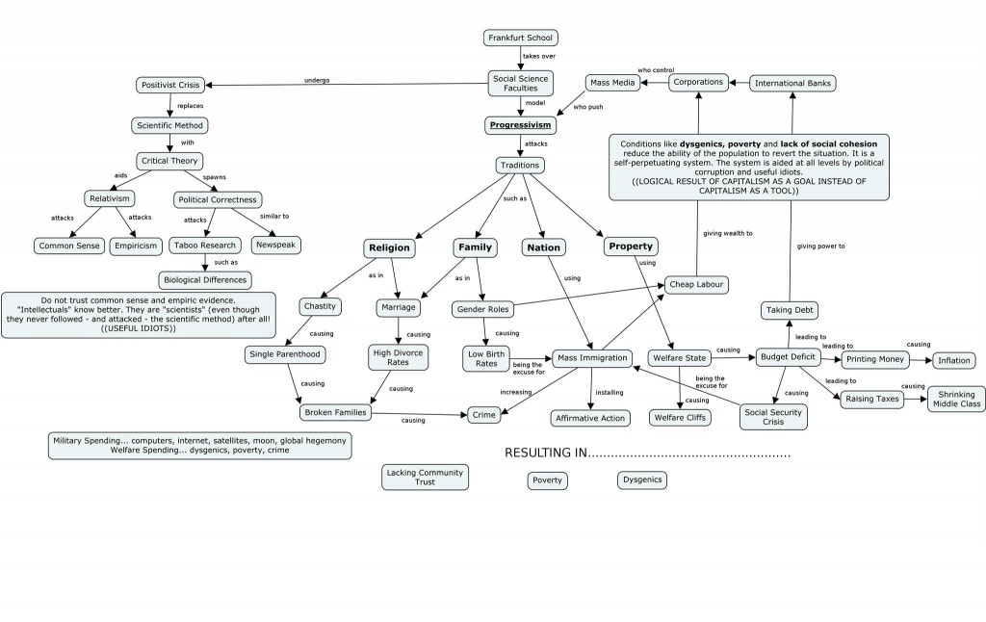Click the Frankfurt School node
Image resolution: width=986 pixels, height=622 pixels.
click(x=520, y=39)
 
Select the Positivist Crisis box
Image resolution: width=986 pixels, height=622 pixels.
click(x=169, y=86)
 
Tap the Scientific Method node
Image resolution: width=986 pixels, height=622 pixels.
click(x=169, y=125)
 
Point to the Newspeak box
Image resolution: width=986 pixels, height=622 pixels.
click(x=275, y=245)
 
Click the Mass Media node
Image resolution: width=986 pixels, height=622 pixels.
click(x=611, y=83)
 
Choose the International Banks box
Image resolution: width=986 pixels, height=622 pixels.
click(x=792, y=83)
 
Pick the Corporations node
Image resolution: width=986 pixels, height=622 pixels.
click(x=698, y=83)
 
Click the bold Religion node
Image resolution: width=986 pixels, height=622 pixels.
click(x=389, y=247)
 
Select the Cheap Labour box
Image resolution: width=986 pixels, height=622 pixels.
click(x=696, y=284)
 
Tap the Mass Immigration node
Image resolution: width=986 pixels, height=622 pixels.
click(x=593, y=358)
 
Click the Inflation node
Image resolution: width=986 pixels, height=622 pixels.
click(x=953, y=360)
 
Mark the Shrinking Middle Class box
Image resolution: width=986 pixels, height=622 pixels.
click(x=955, y=399)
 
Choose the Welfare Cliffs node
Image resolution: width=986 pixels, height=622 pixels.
click(x=681, y=418)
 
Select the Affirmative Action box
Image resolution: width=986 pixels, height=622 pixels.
click(x=590, y=418)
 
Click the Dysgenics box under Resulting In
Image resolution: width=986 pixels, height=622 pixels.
click(x=641, y=479)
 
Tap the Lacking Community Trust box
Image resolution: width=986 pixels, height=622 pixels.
click(x=425, y=477)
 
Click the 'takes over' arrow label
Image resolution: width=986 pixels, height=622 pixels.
click(x=539, y=57)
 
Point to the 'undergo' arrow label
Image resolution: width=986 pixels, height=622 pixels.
click(x=317, y=80)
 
